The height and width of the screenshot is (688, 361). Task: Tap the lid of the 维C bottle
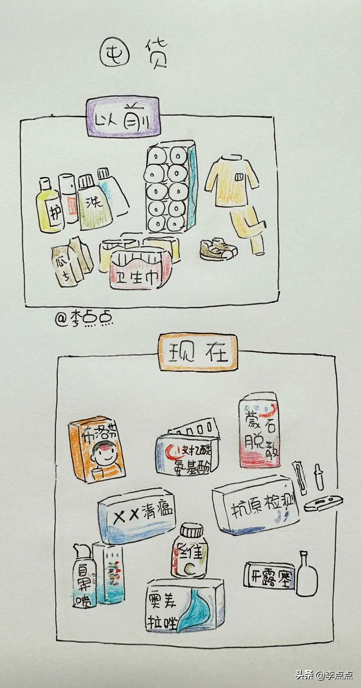(192, 531)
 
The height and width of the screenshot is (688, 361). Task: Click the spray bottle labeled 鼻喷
(84, 575)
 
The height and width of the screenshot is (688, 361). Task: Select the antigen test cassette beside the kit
(323, 503)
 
